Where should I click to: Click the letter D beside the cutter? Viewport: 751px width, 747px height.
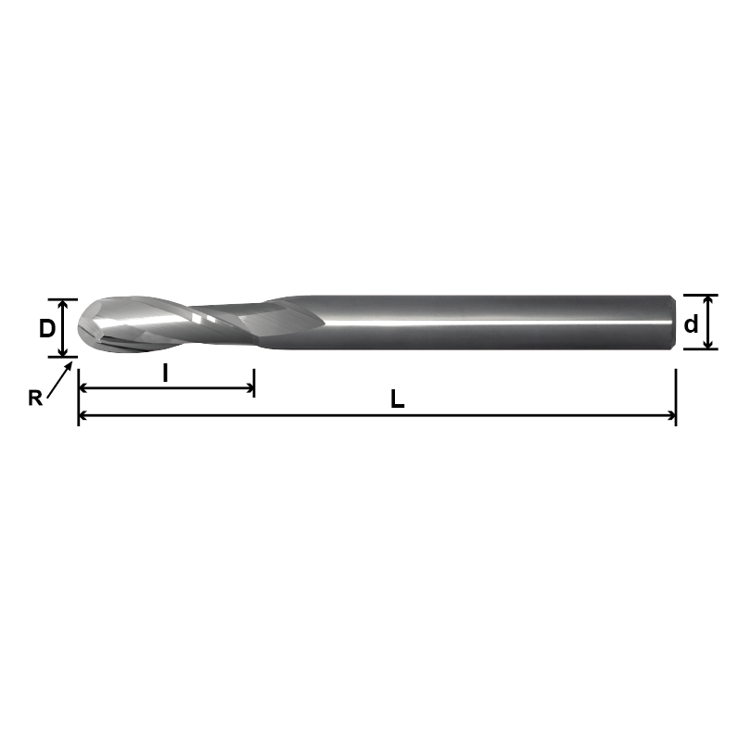pos(45,328)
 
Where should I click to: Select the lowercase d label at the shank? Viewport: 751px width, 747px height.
pos(690,324)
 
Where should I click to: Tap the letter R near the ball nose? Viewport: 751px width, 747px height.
pos(35,399)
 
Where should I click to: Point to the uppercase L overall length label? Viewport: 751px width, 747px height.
pos(397,400)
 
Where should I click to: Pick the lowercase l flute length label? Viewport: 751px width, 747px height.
pos(165,373)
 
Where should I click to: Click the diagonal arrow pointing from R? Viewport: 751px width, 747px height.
pos(57,380)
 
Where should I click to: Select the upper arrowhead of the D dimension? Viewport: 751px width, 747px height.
pos(62,305)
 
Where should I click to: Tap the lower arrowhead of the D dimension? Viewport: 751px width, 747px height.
pos(62,350)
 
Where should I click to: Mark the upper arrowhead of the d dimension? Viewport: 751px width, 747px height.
pos(708,301)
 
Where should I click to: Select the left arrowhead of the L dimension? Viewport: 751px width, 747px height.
pos(84,417)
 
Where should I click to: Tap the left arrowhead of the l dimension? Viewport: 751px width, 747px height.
pos(84,390)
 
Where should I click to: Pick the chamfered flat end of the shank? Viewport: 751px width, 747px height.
pos(671,323)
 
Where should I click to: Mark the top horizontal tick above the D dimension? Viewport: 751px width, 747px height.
pos(62,299)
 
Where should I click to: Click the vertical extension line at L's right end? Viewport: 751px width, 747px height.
pos(676,394)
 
